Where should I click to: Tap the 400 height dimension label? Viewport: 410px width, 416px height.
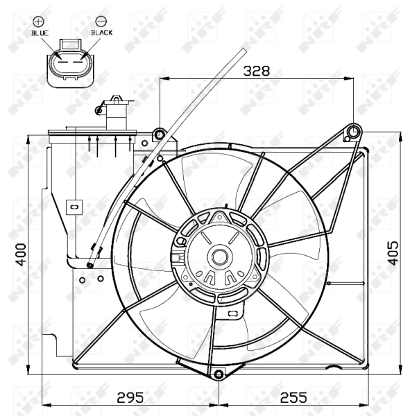pyautogui.click(x=21, y=254)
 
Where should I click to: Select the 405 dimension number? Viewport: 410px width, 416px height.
pyautogui.click(x=393, y=253)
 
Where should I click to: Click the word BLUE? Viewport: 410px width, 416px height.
pyautogui.click(x=40, y=32)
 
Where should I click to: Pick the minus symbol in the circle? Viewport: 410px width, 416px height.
pyautogui.click(x=101, y=21)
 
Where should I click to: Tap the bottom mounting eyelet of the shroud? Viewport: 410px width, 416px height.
pyautogui.click(x=219, y=375)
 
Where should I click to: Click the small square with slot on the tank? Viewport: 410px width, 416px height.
pyautogui.click(x=73, y=206)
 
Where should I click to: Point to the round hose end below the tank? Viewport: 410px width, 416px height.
pyautogui.click(x=89, y=264)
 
